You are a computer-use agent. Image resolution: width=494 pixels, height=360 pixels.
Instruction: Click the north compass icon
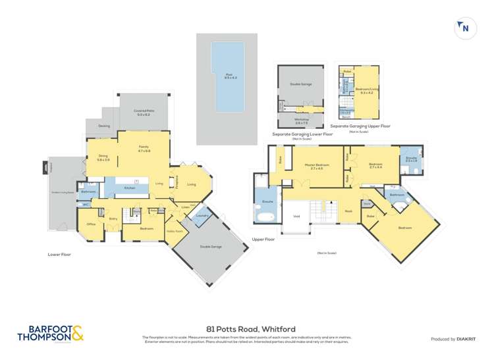tap(465, 28)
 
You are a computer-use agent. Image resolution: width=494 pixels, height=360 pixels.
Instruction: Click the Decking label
tap(104, 126)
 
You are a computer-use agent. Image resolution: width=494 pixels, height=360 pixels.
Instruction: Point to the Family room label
tap(144, 149)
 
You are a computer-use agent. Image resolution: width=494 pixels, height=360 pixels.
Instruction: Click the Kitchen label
tap(129, 188)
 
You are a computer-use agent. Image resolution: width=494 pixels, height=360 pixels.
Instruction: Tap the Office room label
tap(92, 224)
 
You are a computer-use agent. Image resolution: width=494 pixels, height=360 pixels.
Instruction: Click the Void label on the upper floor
tap(296, 216)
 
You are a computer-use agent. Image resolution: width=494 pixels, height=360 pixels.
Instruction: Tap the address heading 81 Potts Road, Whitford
tap(246, 328)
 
